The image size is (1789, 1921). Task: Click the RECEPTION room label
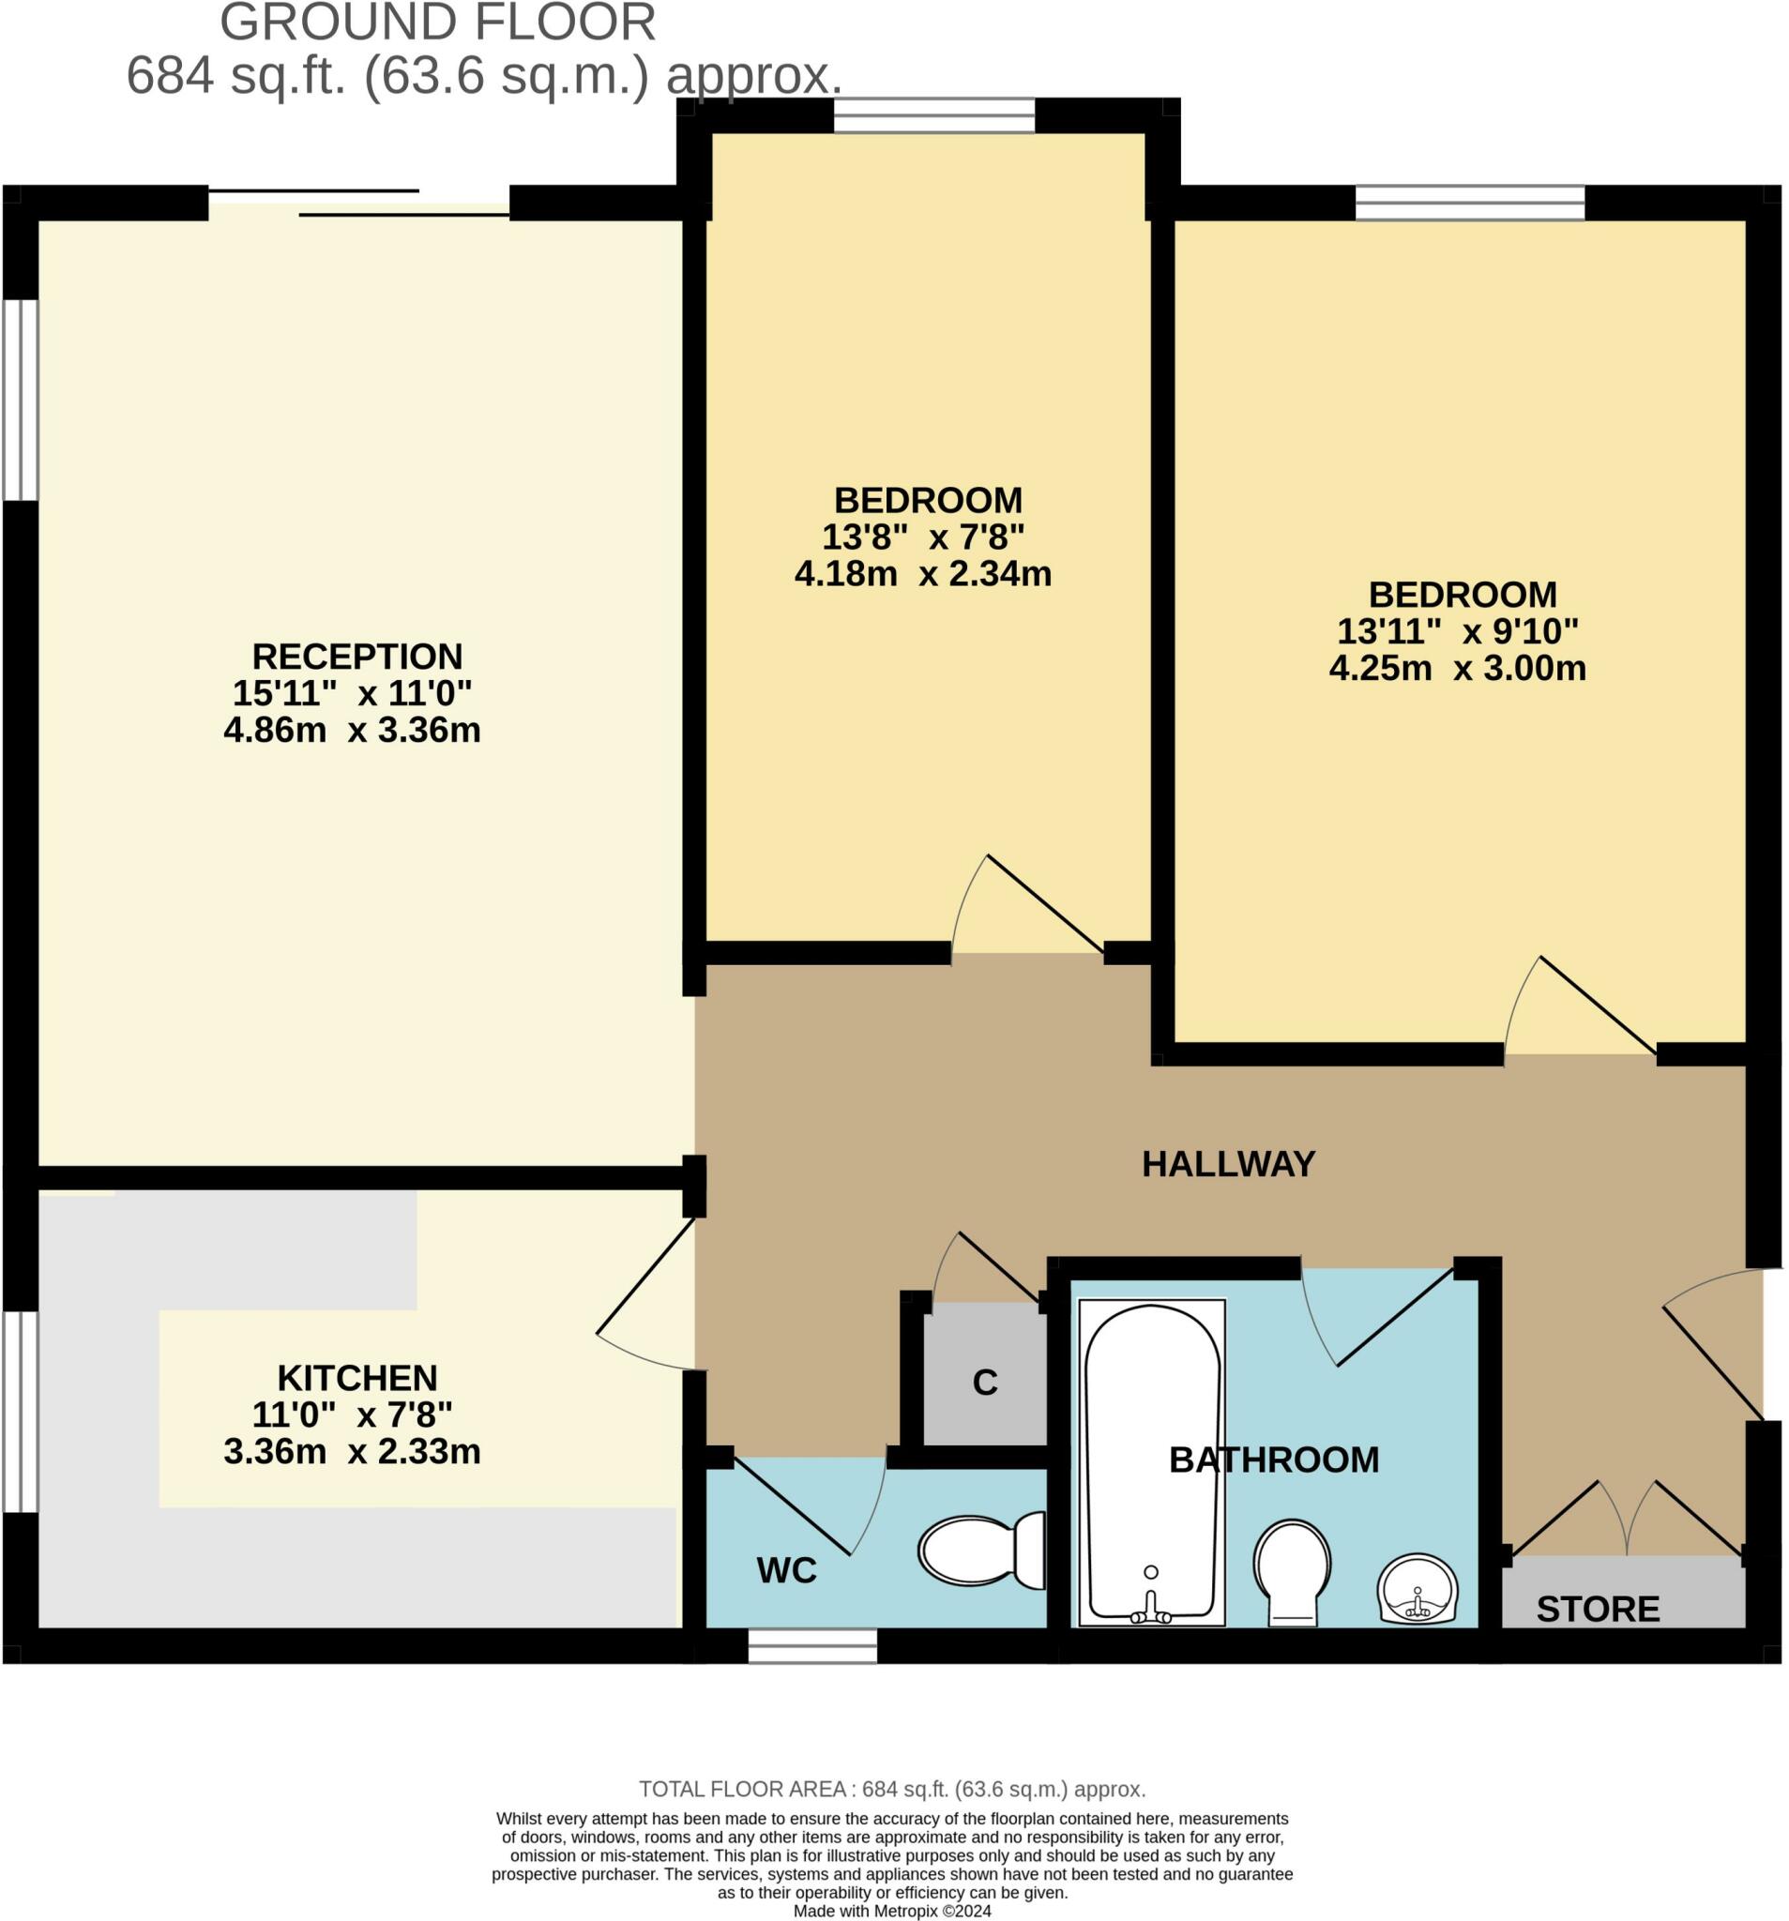[x=356, y=656]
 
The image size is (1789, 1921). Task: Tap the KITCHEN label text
[x=356, y=1377]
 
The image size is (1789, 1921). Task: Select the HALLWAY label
[x=1227, y=1163]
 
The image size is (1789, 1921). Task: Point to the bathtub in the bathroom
[x=1151, y=1460]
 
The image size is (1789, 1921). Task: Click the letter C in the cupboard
[x=984, y=1383]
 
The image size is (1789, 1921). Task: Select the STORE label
[x=1597, y=1609]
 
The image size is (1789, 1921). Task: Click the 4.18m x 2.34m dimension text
[x=922, y=574]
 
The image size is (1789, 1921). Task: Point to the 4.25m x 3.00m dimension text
[x=1457, y=668]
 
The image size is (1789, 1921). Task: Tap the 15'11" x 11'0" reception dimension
[x=352, y=693]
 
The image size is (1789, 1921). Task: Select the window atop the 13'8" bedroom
[x=933, y=116]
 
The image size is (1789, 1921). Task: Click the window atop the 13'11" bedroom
[x=1468, y=203]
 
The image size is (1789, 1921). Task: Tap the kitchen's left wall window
[x=21, y=1412]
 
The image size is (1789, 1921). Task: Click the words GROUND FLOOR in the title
[x=437, y=23]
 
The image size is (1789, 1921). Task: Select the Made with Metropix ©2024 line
[x=891, y=1911]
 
